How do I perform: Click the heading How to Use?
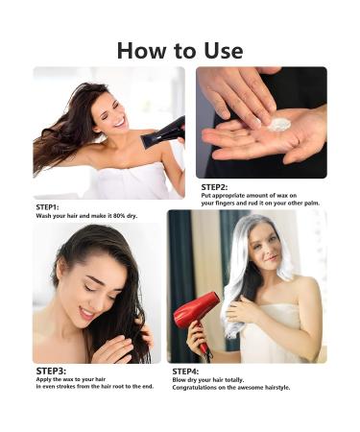pos(180,49)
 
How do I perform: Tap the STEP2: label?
pos(216,186)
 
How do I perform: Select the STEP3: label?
pos(52,370)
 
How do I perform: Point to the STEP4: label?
pos(185,371)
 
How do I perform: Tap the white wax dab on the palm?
pos(278,125)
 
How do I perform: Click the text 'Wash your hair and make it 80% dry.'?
pos(86,216)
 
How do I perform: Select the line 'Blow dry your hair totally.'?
pos(213,379)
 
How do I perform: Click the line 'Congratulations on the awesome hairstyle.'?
pos(231,388)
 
